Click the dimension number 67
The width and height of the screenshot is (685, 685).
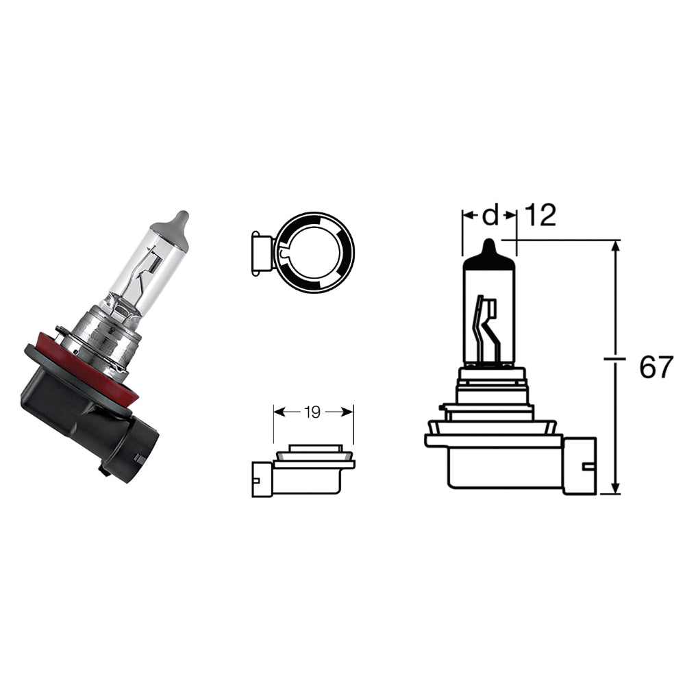tap(656, 368)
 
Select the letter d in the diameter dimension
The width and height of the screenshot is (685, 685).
tap(490, 216)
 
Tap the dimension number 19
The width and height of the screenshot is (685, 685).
tap(312, 412)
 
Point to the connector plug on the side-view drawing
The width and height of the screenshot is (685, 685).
tap(580, 466)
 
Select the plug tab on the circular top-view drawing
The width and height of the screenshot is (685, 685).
tap(261, 253)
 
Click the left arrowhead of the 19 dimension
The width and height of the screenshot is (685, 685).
tap(278, 412)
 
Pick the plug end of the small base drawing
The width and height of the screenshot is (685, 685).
tap(261, 480)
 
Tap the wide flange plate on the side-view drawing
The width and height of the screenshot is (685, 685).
tap(493, 440)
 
